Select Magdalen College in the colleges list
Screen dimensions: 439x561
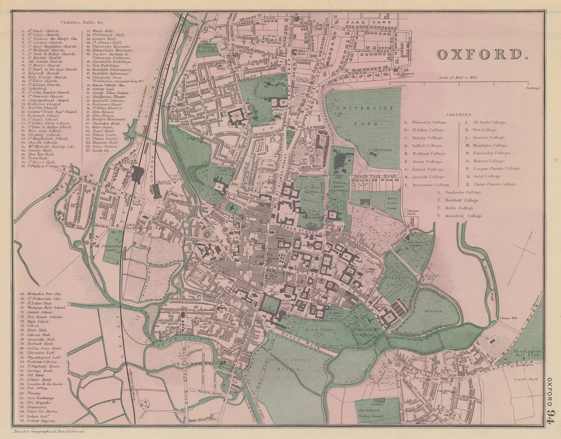[x=488, y=145]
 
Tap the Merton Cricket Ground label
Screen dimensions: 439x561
[x=392, y=203]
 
